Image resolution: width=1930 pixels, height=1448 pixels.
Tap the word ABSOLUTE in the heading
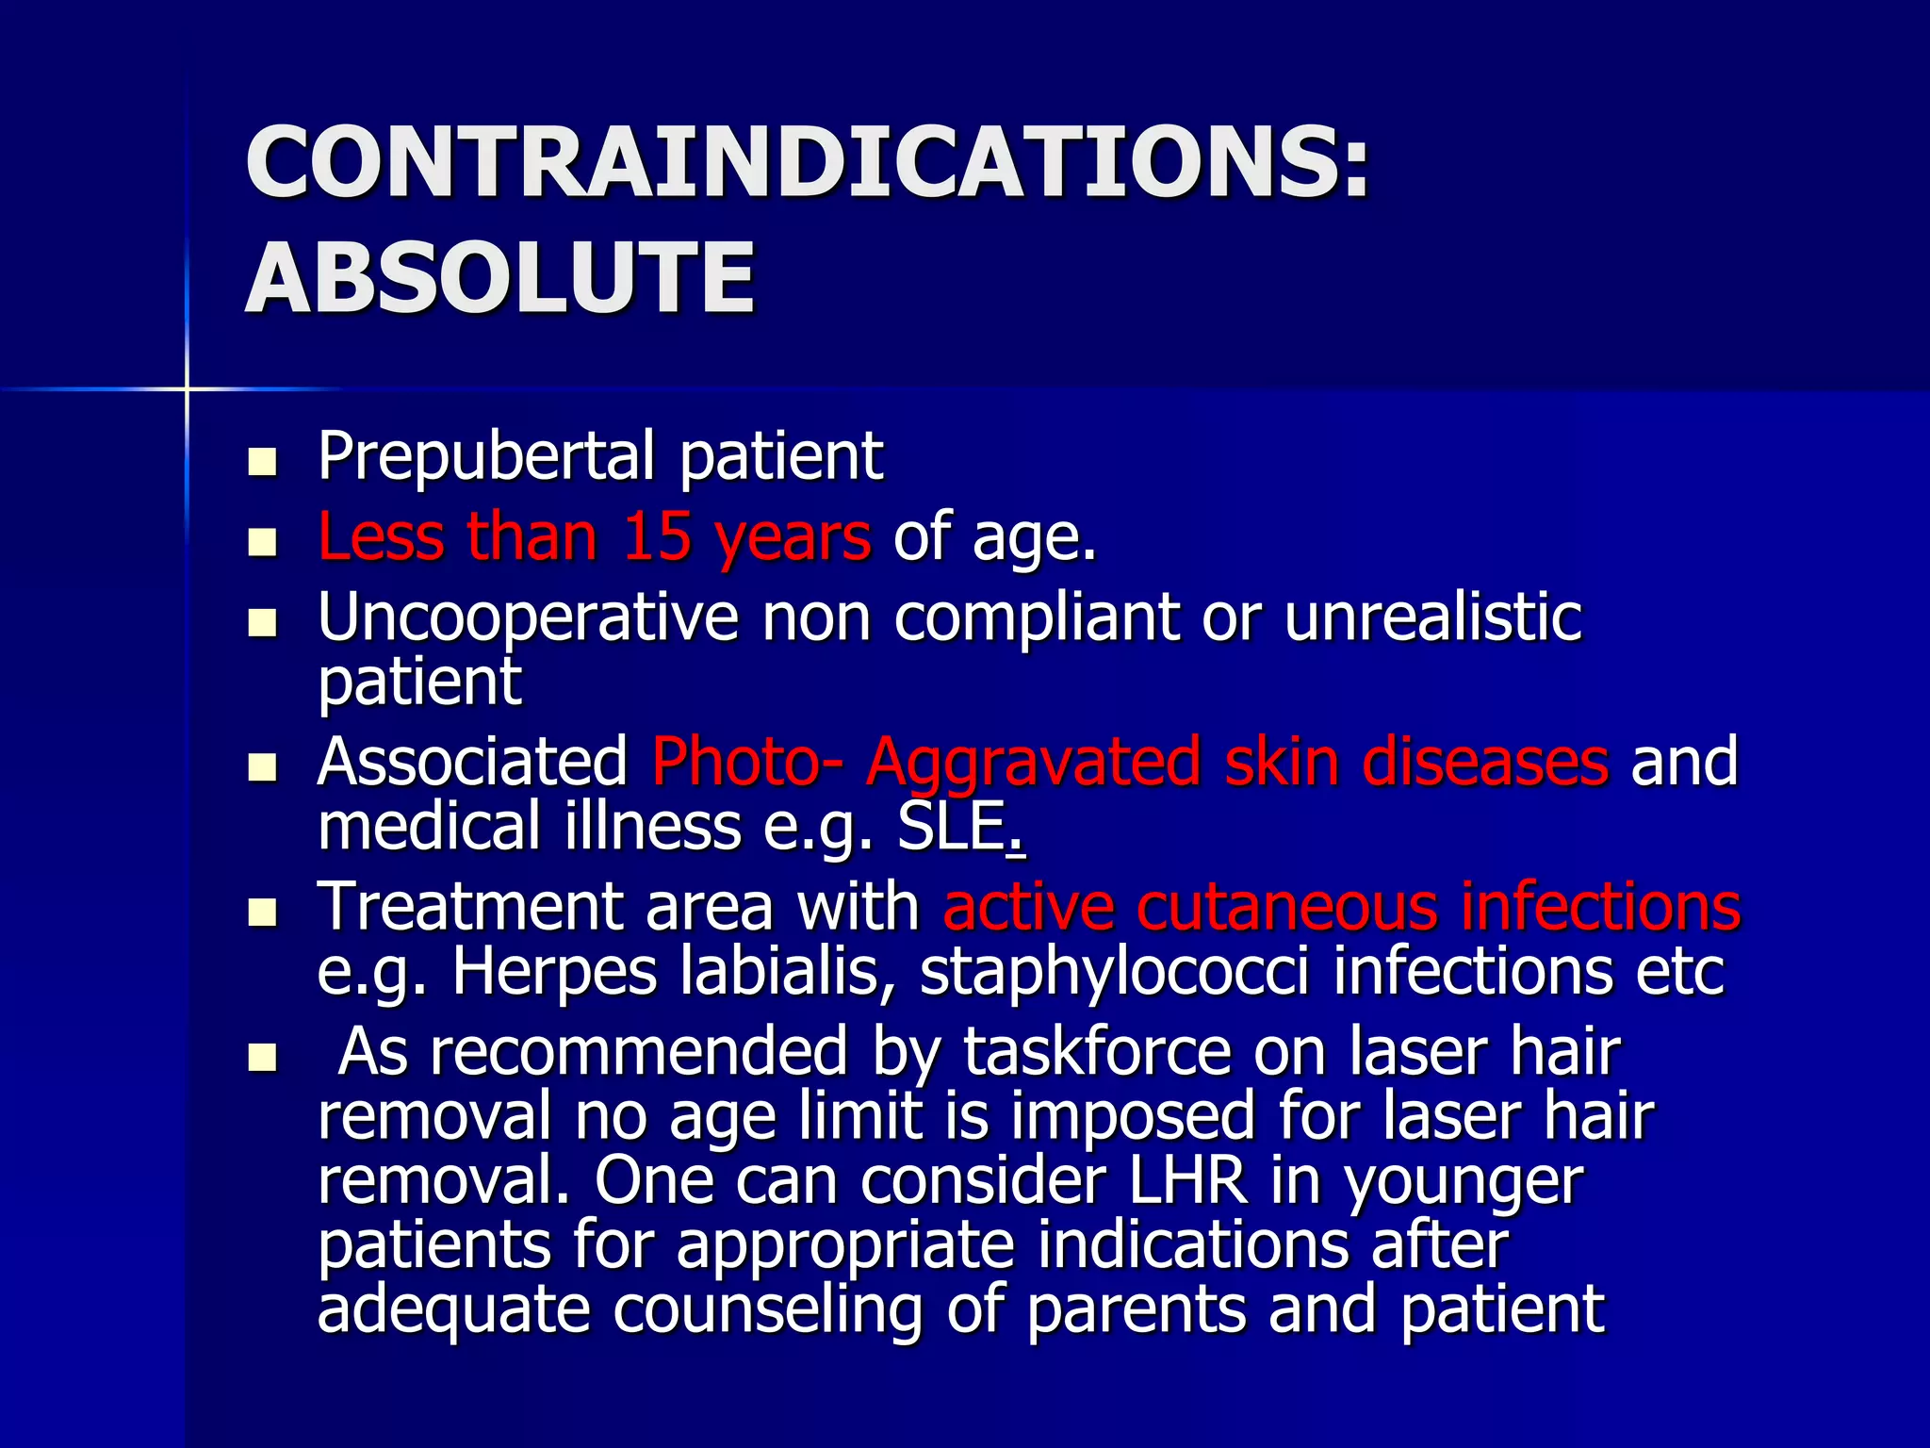pyautogui.click(x=499, y=278)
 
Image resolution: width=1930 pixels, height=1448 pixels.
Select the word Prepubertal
pyautogui.click(x=486, y=457)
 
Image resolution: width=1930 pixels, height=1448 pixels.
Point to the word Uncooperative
pyautogui.click(x=528, y=617)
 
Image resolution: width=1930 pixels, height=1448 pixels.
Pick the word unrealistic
pyautogui.click(x=1432, y=617)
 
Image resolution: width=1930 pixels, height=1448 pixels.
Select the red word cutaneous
pyautogui.click(x=1286, y=907)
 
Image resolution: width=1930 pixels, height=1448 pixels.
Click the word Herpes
pyautogui.click(x=554, y=971)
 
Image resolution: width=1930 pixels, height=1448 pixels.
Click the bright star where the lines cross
pyautogui.click(x=187, y=388)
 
